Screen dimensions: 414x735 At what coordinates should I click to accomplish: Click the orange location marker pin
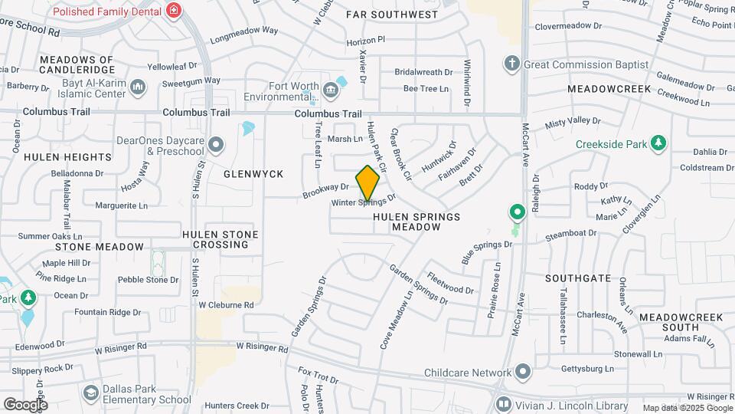click(368, 182)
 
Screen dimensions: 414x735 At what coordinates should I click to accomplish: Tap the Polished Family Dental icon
click(175, 11)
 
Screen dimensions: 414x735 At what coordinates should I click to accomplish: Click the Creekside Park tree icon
click(658, 143)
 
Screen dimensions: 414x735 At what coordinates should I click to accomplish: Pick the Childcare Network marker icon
click(523, 373)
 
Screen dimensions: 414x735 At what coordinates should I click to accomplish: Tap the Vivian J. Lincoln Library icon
click(503, 403)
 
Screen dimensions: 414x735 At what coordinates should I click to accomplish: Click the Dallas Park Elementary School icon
click(91, 394)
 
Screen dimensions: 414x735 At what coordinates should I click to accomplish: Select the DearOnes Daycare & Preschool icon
click(217, 144)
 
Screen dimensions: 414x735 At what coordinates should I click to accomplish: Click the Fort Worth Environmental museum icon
click(331, 91)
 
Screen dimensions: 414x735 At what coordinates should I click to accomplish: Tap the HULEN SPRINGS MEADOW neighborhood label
click(416, 222)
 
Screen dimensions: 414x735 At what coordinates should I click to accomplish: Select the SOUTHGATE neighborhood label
click(579, 278)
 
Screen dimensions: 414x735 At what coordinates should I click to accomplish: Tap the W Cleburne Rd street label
click(226, 305)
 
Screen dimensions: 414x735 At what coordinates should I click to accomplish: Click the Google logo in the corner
click(25, 404)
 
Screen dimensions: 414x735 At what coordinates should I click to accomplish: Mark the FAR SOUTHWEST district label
click(392, 15)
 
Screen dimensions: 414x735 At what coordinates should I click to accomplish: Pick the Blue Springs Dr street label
click(486, 250)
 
